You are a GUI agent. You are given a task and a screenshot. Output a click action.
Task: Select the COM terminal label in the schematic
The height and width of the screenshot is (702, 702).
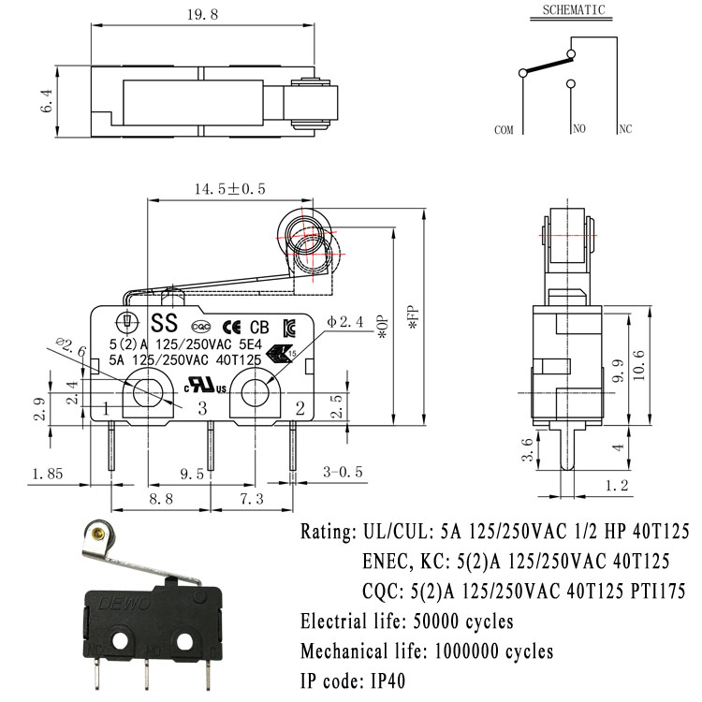[505, 130]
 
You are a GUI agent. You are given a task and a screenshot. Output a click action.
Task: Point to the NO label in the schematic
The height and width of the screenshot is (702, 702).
[578, 129]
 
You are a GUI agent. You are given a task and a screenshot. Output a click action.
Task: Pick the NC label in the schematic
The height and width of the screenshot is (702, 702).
[624, 129]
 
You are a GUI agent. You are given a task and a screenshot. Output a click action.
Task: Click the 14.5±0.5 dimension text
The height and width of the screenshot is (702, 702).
[229, 189]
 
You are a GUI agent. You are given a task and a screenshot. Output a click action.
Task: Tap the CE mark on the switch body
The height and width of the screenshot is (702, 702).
[235, 327]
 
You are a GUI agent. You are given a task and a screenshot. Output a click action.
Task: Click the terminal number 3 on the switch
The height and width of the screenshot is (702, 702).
[201, 407]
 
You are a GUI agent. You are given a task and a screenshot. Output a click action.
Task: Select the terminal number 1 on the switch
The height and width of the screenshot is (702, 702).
[107, 407]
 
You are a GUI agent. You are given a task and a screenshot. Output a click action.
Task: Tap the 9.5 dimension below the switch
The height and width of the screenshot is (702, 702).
[192, 475]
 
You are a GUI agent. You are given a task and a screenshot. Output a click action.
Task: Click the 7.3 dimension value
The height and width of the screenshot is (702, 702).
[251, 500]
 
